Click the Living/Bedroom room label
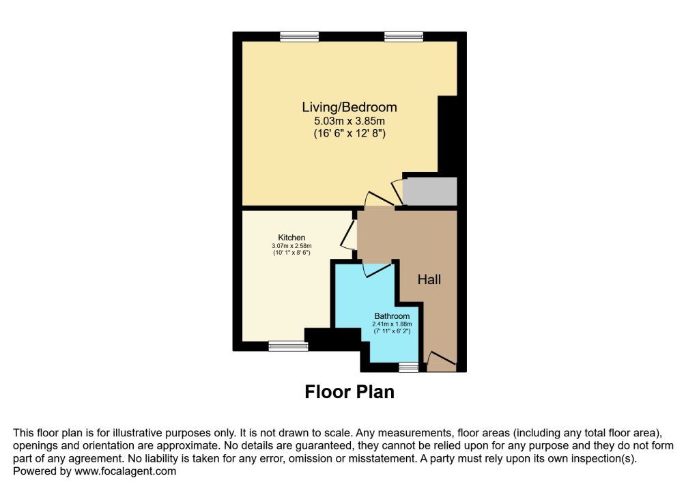coord(349,107)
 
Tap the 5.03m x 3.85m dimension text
coord(349,121)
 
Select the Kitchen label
coord(291,238)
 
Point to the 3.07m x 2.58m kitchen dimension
coord(291,246)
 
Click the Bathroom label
coord(392,316)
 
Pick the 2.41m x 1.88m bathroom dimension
coord(392,324)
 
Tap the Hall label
coord(429,280)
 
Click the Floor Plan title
coord(349,392)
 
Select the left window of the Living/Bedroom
coord(300,37)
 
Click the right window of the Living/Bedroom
coord(404,37)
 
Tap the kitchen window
coord(289,346)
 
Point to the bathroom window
coord(409,367)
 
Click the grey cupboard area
coord(430,191)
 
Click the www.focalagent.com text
coord(126,471)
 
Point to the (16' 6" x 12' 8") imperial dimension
coord(349,133)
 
